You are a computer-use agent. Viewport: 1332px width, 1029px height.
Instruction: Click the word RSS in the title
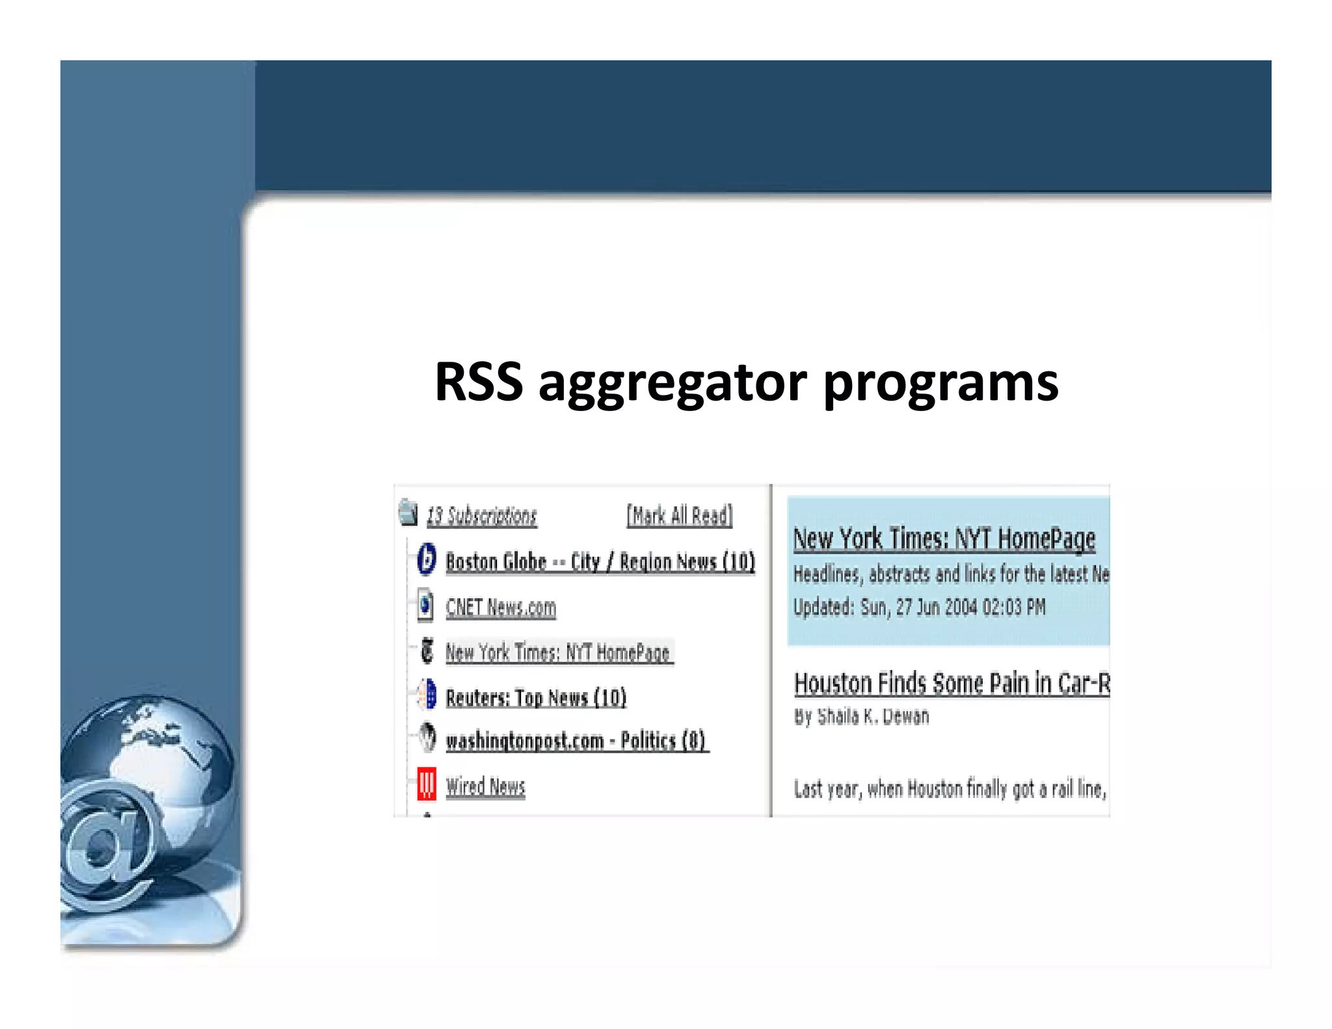click(x=479, y=382)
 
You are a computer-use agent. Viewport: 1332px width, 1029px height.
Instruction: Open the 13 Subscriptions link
click(x=481, y=516)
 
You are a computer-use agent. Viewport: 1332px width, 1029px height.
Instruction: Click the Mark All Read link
click(x=679, y=516)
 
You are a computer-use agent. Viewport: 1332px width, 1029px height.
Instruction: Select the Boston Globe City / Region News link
click(x=600, y=562)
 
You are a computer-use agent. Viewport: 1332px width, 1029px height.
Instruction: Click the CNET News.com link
click(x=500, y=608)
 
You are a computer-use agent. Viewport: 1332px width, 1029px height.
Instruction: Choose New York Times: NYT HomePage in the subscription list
click(x=557, y=652)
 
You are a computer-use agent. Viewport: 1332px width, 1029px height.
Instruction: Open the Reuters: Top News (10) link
click(x=535, y=698)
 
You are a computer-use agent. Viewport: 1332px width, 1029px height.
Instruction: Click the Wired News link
click(x=485, y=787)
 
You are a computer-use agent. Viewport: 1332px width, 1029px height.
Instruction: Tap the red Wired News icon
click(x=426, y=784)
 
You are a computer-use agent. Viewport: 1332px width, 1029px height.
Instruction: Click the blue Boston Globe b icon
click(x=426, y=559)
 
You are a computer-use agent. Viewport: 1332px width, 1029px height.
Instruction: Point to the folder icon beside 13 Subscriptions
click(x=408, y=513)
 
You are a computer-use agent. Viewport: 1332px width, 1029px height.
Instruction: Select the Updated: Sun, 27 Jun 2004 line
click(x=918, y=608)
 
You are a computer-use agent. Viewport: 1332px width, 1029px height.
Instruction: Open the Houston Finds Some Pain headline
click(x=951, y=684)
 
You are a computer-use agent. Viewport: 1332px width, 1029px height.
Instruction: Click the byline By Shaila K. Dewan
click(x=861, y=717)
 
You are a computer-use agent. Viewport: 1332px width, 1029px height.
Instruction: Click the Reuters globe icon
click(x=427, y=695)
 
